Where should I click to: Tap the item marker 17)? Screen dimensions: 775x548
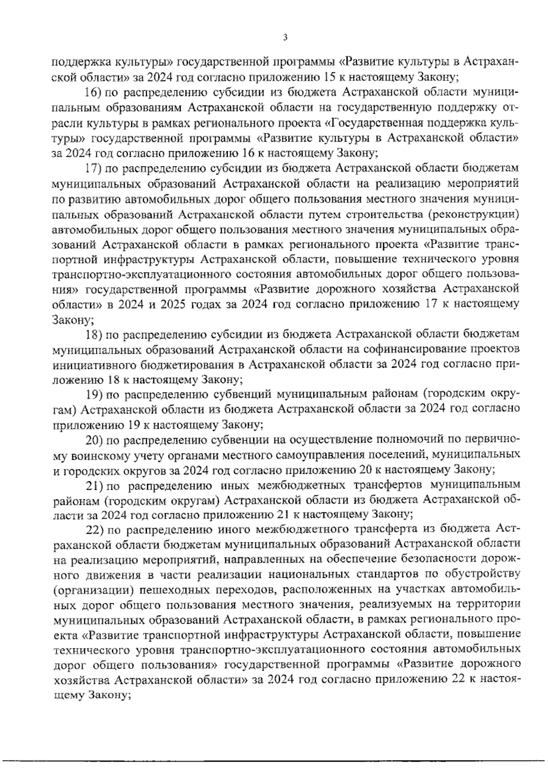(x=93, y=169)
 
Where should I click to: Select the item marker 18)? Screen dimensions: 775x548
(x=93, y=335)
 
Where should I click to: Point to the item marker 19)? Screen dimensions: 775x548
(x=93, y=394)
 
